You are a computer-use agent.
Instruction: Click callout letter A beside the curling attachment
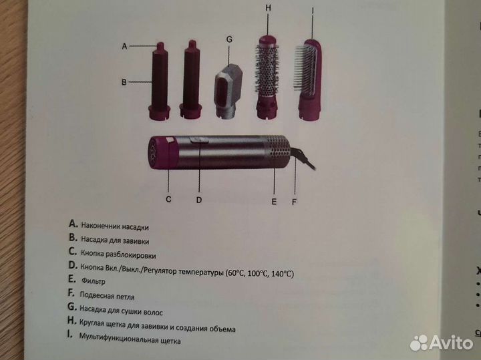coord(125,46)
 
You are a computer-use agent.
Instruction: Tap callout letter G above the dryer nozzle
coord(229,39)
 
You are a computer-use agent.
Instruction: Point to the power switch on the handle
coord(198,141)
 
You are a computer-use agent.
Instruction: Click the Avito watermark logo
coord(441,342)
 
